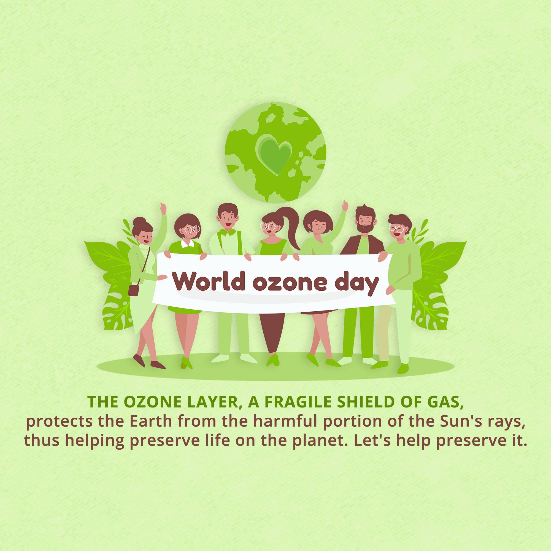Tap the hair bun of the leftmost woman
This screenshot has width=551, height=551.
click(x=139, y=222)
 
